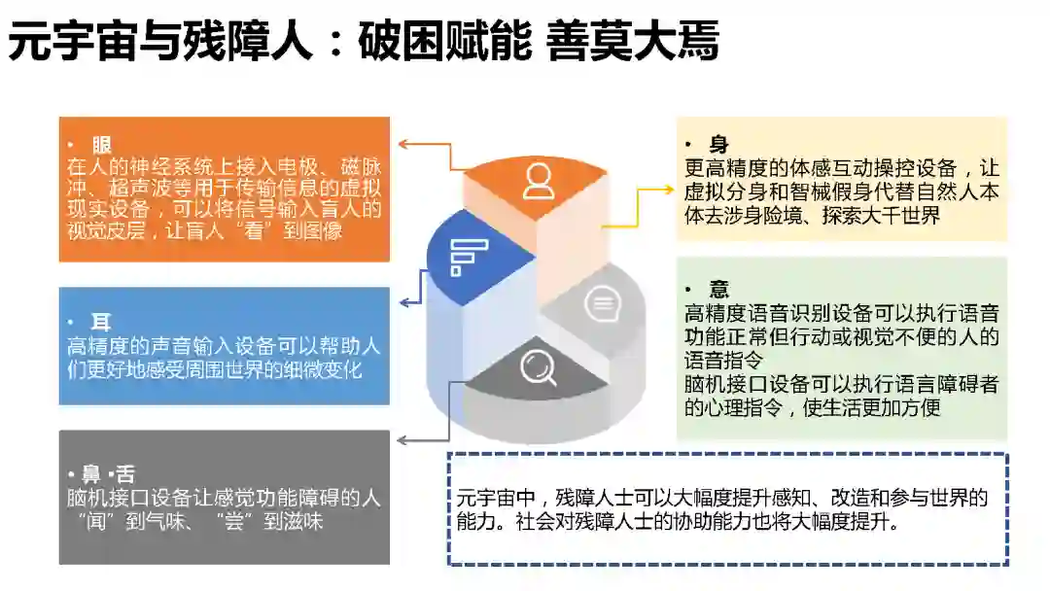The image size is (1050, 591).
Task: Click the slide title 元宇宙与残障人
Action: tap(160, 45)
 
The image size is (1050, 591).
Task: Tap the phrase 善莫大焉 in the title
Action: tap(633, 45)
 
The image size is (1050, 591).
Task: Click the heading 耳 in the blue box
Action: tap(102, 323)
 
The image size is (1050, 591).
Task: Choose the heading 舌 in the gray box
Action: tap(125, 475)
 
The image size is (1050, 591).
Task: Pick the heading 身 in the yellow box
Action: tap(719, 146)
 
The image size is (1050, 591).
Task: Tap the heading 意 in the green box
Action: tap(719, 290)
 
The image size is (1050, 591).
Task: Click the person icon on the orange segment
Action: tap(538, 181)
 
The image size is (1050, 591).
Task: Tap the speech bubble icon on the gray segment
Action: tap(601, 305)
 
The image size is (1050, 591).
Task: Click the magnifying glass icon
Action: tap(538, 367)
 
